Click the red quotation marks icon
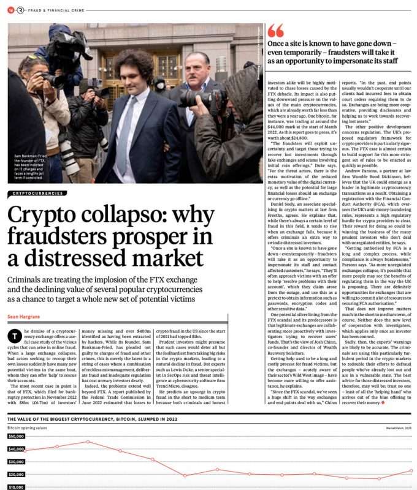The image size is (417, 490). [276, 30]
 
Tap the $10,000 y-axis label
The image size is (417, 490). [16, 487]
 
